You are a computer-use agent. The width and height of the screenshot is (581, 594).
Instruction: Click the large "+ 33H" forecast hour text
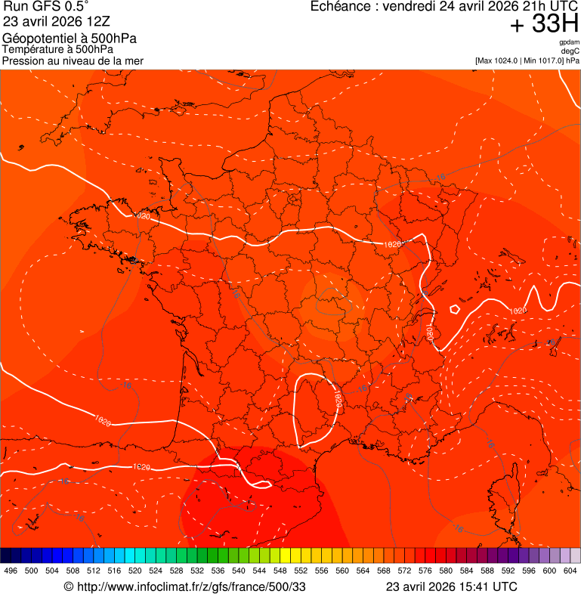tap(544, 25)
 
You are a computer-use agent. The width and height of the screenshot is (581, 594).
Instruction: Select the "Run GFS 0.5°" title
tap(45, 8)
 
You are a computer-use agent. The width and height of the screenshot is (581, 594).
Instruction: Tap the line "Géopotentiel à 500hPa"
tap(70, 39)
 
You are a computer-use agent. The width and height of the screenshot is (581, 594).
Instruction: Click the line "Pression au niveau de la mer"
tap(73, 60)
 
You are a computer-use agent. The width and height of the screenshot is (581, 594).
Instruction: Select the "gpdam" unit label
tap(569, 42)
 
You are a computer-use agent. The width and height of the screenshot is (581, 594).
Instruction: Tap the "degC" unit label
tap(570, 51)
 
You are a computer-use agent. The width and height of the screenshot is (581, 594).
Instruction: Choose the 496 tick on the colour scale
tap(11, 571)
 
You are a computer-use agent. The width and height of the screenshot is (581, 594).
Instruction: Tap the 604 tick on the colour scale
tap(570, 571)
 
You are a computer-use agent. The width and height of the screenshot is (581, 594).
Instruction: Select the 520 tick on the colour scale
tap(135, 571)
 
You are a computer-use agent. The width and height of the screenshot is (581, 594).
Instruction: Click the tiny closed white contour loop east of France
tap(455, 308)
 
